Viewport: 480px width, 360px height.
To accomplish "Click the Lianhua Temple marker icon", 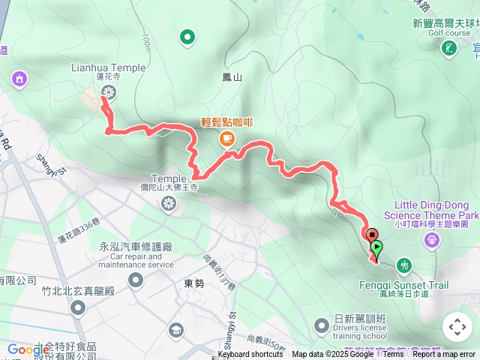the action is [x=109, y=93].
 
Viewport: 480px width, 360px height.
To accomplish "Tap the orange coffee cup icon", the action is [x=226, y=138].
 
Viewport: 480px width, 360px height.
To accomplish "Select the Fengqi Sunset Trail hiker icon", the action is [x=404, y=265].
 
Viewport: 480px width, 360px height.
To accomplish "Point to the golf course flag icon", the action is [x=449, y=49].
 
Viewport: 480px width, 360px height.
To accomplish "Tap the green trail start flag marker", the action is [x=376, y=247].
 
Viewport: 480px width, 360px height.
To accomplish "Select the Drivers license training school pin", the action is [x=322, y=325].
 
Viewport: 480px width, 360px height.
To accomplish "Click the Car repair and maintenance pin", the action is [x=136, y=280].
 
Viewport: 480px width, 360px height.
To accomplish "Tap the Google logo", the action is [x=28, y=349].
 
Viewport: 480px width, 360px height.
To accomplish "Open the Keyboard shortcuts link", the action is [x=250, y=355].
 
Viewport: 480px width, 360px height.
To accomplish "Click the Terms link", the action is [x=393, y=355].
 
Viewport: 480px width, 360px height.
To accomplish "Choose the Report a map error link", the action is [x=444, y=355].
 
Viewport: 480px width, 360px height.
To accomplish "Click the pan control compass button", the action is [x=457, y=327].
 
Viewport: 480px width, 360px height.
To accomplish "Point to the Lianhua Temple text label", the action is [x=108, y=67].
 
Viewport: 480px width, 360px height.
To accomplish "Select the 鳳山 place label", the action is [x=232, y=77].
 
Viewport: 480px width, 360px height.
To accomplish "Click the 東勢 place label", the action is [x=193, y=283].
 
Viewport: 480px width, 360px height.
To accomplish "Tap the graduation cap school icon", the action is [x=176, y=330].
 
